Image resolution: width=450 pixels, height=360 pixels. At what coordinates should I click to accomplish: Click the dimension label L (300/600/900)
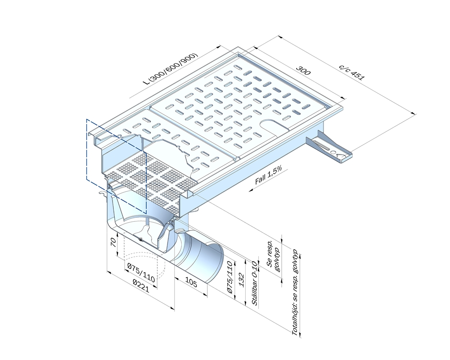171,68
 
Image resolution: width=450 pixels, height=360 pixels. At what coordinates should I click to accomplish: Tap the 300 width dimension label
303,70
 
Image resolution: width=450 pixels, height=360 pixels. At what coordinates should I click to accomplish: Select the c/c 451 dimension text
351,72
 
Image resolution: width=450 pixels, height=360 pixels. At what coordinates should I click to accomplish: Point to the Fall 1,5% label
268,175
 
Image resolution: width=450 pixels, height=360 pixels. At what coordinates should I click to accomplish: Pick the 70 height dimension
114,243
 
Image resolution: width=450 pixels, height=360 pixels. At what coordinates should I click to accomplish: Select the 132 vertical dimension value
241,279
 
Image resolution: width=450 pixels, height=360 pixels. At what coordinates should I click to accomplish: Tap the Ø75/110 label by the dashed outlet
141,272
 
